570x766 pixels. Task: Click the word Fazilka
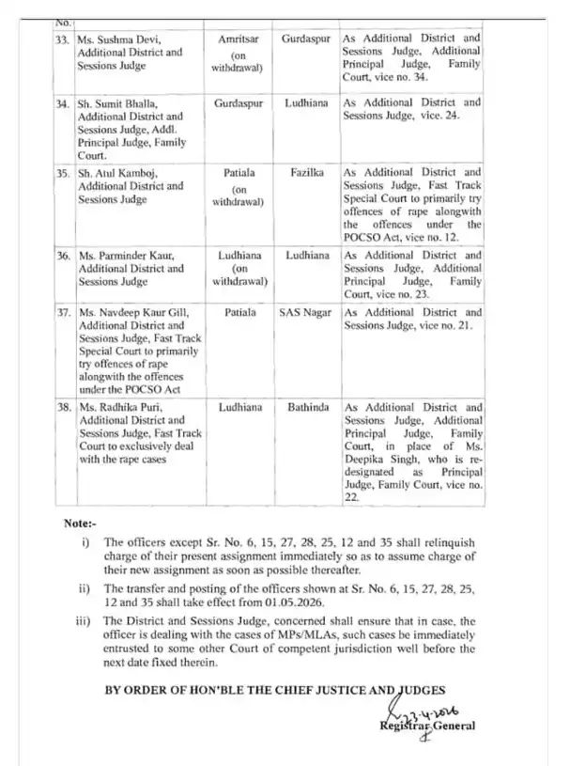pyautogui.click(x=306, y=173)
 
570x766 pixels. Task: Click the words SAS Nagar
pyautogui.click(x=306, y=312)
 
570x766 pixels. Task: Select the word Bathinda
pyautogui.click(x=306, y=408)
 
